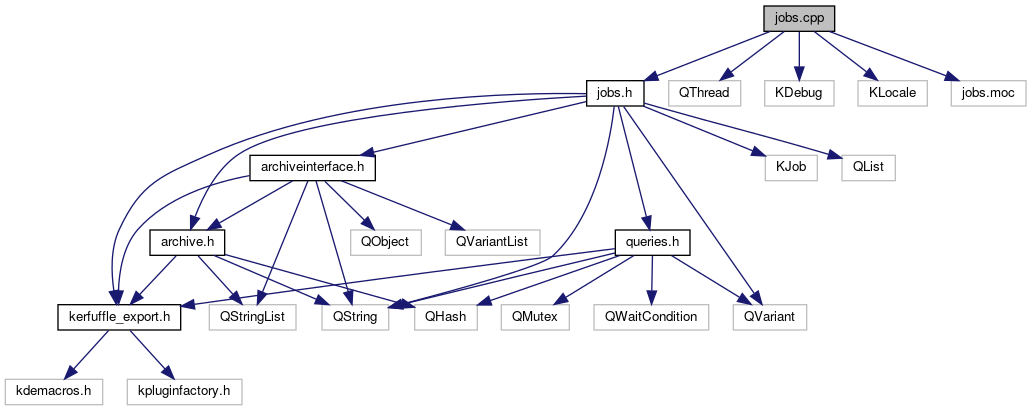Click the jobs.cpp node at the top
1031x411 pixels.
click(797, 18)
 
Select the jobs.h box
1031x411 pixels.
click(613, 93)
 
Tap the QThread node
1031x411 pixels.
click(705, 93)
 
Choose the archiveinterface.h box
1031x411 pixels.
click(312, 167)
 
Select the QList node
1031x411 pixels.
click(867, 167)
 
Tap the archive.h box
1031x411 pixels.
click(187, 241)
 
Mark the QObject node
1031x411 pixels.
click(385, 241)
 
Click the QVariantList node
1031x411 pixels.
click(493, 241)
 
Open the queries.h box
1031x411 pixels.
click(651, 241)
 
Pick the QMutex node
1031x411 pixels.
click(536, 316)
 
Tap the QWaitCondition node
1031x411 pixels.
click(650, 316)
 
